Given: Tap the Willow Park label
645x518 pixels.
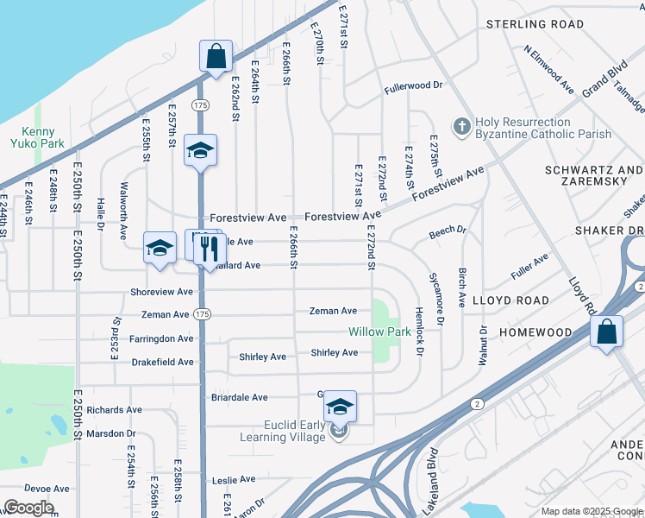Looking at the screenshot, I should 379,332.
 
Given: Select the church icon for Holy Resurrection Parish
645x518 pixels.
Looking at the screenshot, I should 461,128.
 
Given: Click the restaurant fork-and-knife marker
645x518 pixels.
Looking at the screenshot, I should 210,250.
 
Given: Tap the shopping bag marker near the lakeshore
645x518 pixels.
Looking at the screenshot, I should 216,57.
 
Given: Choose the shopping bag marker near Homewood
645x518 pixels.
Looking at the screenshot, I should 606,332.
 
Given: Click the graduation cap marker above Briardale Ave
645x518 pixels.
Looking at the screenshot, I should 340,406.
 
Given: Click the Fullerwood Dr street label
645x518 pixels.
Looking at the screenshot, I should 413,86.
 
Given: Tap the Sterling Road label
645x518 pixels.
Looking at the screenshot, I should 535,24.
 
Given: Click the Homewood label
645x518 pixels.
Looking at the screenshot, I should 535,332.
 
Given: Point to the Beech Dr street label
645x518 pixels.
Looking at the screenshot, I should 448,232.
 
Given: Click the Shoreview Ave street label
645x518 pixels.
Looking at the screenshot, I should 162,292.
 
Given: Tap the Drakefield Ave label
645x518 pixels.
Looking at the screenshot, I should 162,362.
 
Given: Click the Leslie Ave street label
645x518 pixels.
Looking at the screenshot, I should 235,479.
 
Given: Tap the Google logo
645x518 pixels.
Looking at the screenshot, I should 28,508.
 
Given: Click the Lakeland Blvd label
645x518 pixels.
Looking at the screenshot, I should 429,494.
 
